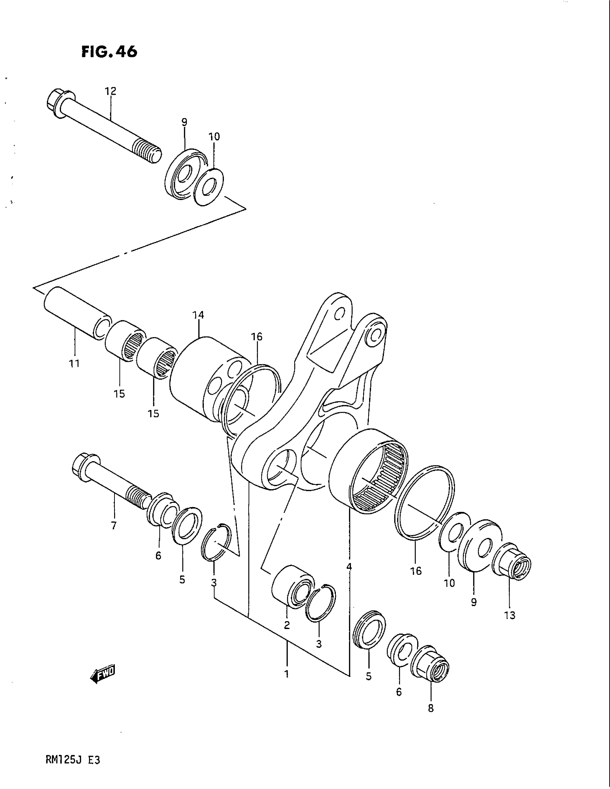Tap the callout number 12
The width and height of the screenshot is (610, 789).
coord(111,91)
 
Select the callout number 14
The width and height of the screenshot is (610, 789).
coord(198,315)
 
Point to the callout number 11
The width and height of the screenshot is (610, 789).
coord(74,364)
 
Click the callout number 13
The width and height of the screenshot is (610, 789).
coord(510,615)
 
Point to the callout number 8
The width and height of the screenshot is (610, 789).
coord(431,708)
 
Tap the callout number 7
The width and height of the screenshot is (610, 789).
coord(114,525)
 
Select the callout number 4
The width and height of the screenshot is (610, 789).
coord(349,567)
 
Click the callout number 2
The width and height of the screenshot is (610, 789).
coord(287,625)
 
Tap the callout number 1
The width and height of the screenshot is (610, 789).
coord(287,674)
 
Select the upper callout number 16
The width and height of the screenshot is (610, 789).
coord(257,337)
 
